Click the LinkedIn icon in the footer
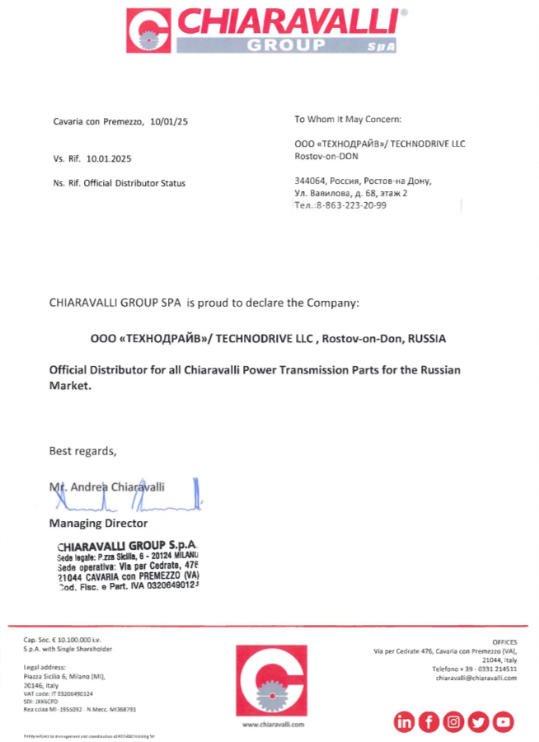[405, 722]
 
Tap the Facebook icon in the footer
[429, 722]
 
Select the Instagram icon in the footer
[453, 722]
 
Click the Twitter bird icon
[478, 722]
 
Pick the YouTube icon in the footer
[503, 722]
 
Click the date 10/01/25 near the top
[170, 121]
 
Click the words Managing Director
[98, 523]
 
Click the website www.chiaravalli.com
[273, 724]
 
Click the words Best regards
[82, 451]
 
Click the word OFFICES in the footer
[504, 641]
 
